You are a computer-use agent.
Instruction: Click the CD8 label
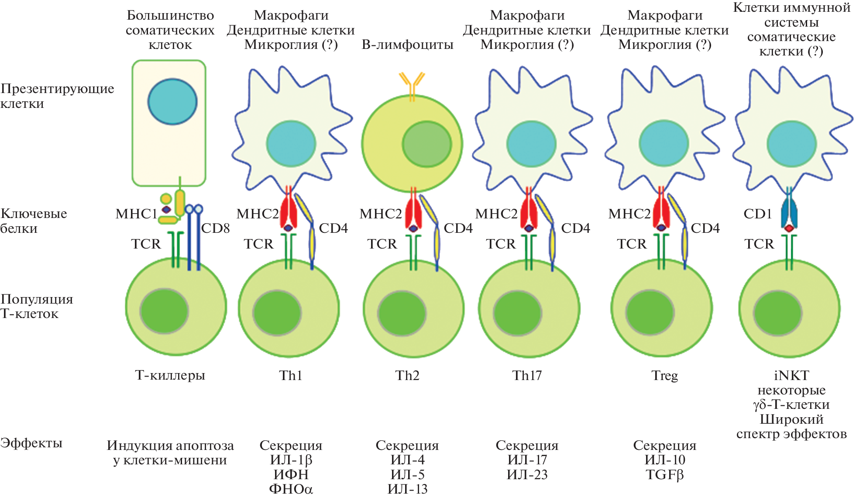click(215, 228)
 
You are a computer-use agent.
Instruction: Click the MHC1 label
click(136, 214)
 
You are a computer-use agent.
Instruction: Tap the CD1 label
click(758, 214)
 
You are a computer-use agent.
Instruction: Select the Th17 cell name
click(527, 375)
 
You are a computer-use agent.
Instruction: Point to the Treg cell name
click(664, 375)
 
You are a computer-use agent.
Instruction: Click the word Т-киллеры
click(170, 375)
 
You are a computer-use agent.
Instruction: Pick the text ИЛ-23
click(527, 474)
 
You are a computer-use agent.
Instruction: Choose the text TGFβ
click(664, 474)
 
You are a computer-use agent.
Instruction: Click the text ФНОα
click(291, 489)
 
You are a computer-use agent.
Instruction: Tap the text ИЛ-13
click(407, 489)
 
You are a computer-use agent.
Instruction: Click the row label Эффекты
click(31, 443)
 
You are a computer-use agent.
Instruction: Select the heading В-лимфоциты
click(407, 45)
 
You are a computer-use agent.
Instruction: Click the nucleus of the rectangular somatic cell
click(172, 102)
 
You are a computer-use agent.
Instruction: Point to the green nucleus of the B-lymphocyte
click(426, 144)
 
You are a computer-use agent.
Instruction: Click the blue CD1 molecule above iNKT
click(789, 212)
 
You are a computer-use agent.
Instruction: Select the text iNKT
click(791, 375)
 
